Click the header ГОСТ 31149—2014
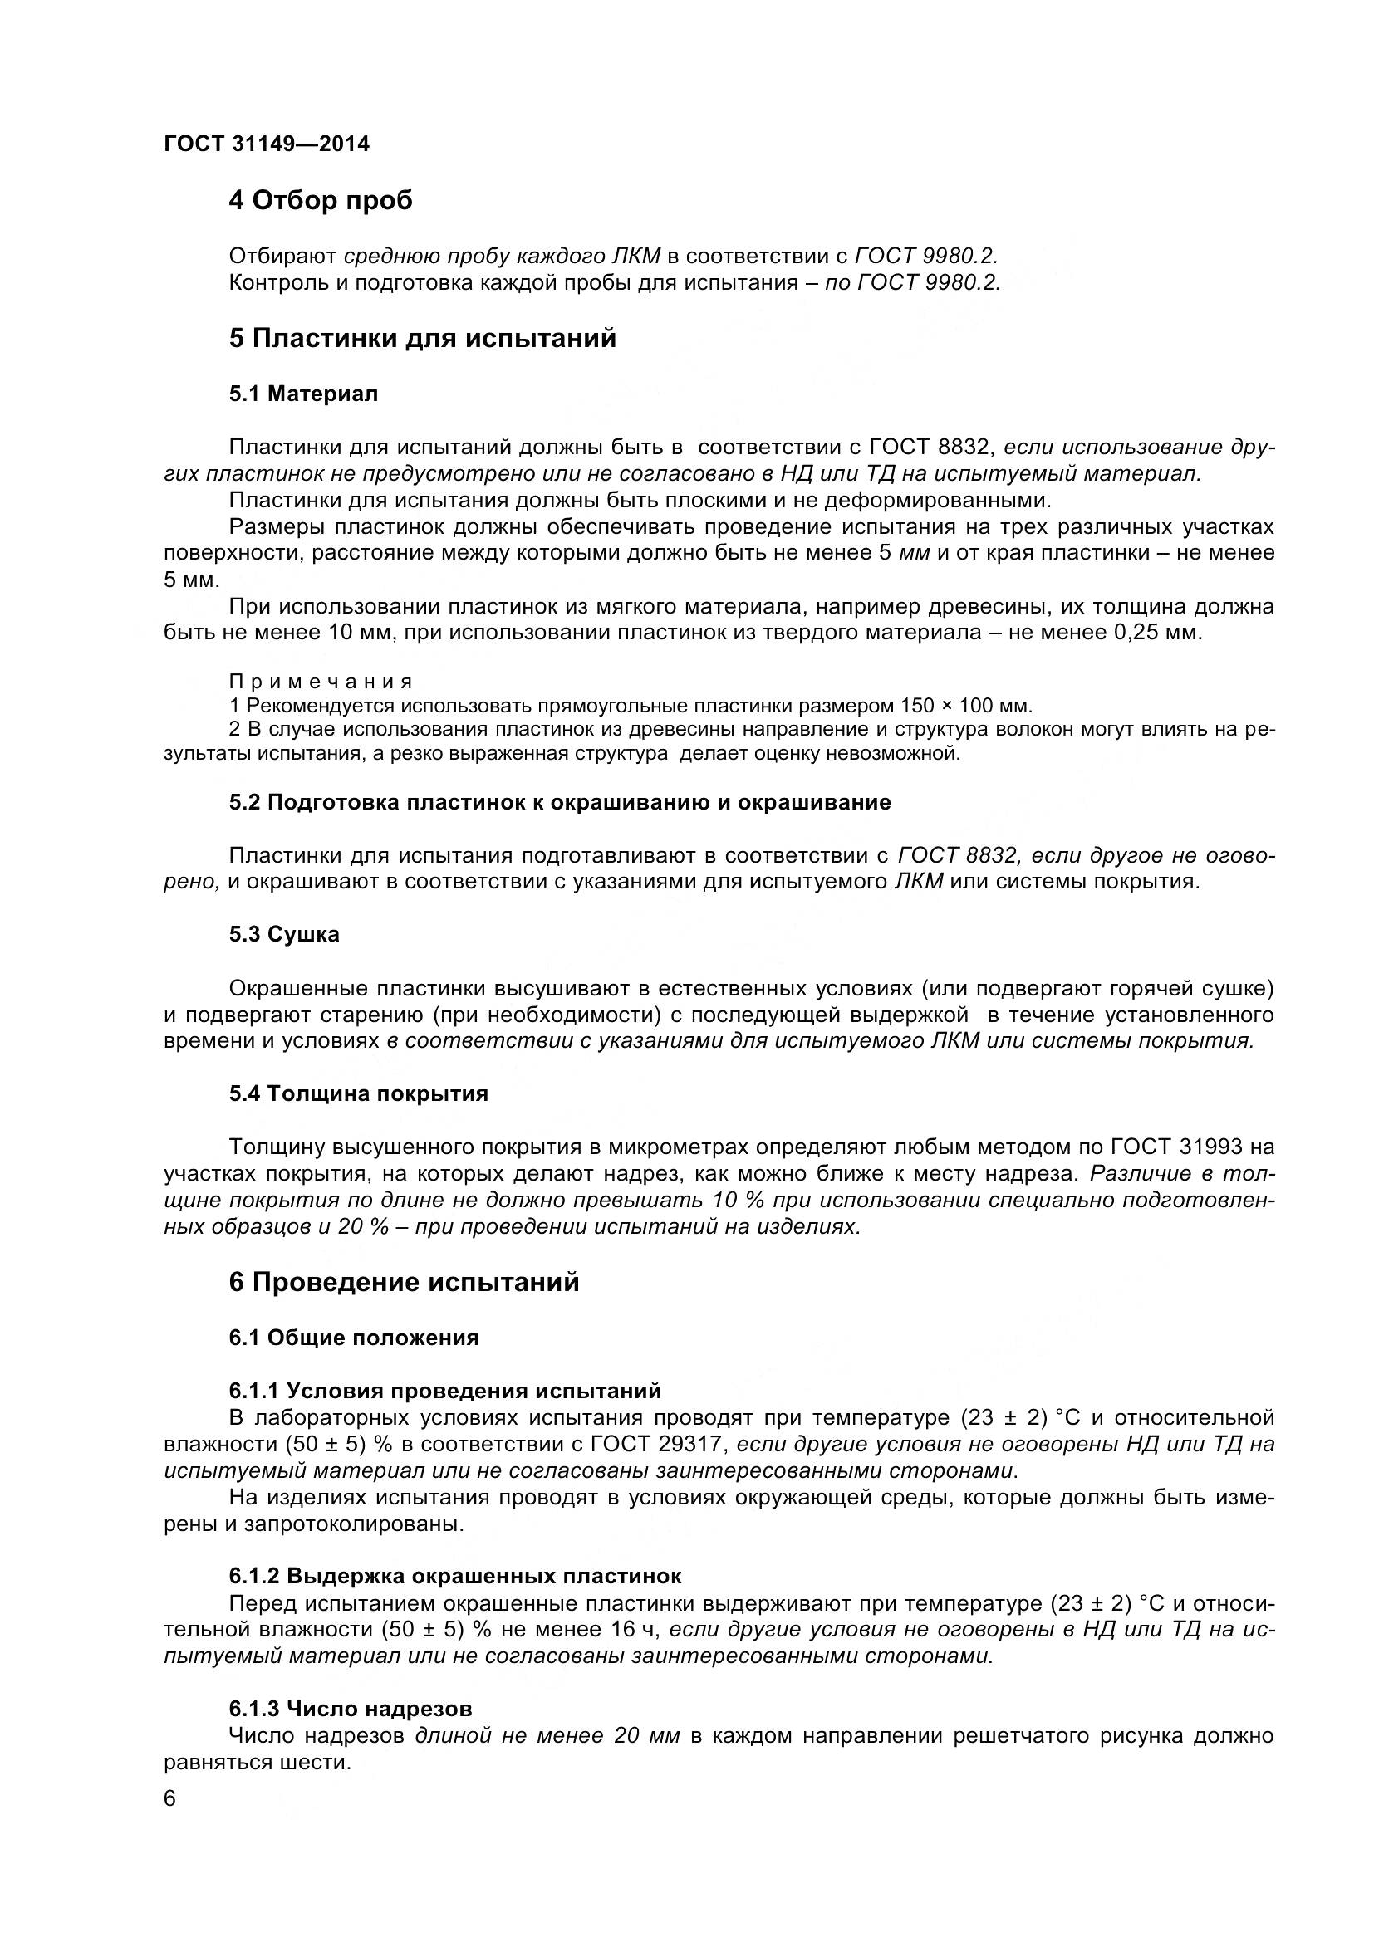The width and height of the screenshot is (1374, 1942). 267,144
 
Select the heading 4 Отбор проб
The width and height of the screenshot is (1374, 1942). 321,200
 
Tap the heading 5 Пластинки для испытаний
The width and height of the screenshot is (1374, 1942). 422,338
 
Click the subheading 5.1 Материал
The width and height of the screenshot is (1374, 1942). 303,394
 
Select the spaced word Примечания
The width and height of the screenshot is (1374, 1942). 321,682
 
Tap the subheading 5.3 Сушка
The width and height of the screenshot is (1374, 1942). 283,935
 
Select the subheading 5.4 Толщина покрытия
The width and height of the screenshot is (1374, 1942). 359,1093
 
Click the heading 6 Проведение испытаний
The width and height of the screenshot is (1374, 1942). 404,1282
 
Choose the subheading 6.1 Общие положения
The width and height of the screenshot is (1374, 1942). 354,1338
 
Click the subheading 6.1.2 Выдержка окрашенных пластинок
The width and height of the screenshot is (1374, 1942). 454,1576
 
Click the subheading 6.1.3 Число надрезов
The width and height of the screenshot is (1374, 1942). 351,1710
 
